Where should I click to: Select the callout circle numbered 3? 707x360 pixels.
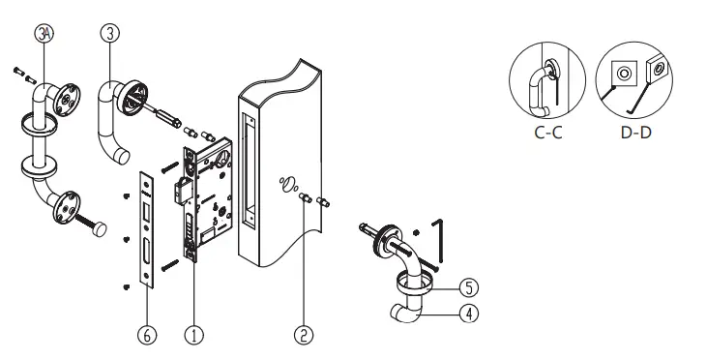[x=109, y=32]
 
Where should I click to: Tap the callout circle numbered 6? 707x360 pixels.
[x=146, y=335]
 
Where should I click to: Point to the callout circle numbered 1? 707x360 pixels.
[x=194, y=335]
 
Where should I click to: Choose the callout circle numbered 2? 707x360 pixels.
[x=303, y=335]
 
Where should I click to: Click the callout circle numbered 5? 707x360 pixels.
[x=467, y=288]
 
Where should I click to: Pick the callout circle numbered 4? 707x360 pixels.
[x=467, y=314]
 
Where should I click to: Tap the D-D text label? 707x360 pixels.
[x=635, y=134]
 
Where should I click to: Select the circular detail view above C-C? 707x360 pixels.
[x=547, y=83]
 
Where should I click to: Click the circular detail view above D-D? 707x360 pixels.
[x=634, y=83]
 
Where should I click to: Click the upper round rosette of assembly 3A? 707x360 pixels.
[x=66, y=101]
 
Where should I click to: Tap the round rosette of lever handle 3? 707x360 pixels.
[x=134, y=95]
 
